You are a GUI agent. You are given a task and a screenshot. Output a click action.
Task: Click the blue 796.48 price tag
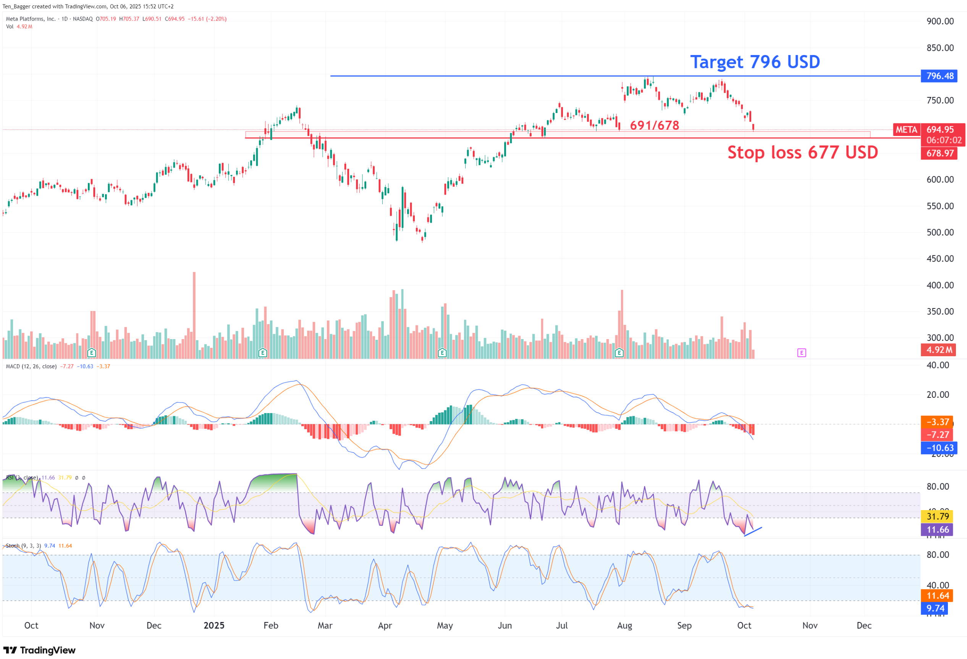coord(939,76)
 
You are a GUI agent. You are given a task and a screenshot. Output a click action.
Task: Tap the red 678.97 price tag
coord(939,153)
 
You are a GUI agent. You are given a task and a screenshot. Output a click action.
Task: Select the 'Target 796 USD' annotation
coord(755,62)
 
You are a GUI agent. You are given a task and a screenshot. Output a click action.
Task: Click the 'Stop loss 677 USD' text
coord(802,153)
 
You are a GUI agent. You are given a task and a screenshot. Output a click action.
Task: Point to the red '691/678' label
coord(654,125)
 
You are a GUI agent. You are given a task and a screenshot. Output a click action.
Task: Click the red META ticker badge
coord(906,130)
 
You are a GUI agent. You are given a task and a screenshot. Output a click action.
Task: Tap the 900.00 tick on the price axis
coord(940,21)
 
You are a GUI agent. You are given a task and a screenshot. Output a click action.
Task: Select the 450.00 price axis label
coord(940,259)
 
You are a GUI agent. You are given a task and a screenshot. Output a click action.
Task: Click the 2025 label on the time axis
coord(214,625)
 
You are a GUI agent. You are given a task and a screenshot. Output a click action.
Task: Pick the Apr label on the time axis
coord(385,625)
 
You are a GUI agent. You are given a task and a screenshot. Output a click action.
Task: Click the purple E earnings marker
coord(801,353)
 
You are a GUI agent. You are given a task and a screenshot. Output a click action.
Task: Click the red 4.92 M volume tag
coord(939,350)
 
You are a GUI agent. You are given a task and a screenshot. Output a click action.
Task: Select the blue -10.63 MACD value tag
coord(939,448)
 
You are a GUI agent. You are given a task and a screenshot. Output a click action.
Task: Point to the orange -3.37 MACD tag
coord(937,422)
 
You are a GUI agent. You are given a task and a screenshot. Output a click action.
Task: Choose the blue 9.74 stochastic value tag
coord(935,608)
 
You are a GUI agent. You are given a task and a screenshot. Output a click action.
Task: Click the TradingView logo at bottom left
coord(40,650)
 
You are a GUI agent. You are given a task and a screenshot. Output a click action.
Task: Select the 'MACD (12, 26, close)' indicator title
coord(31,367)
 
